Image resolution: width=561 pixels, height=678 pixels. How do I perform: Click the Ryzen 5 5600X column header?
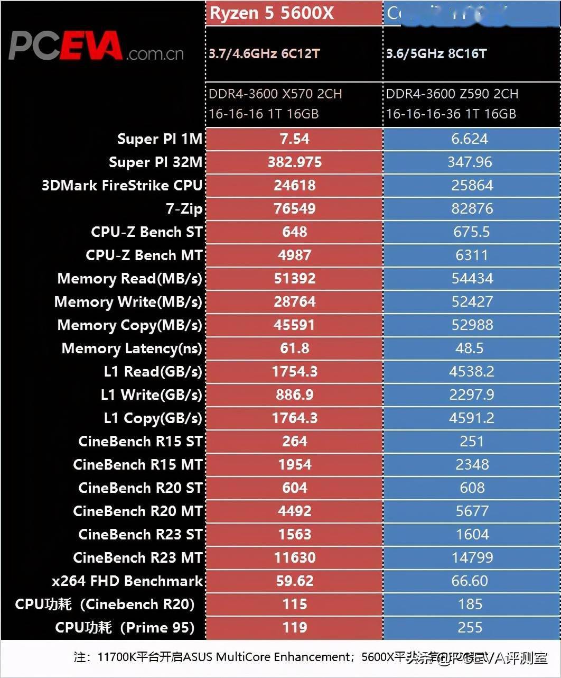tap(272, 13)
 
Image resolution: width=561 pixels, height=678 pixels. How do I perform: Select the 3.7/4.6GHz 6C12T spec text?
tap(264, 53)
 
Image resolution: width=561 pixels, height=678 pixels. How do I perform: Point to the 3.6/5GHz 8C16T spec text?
tap(436, 53)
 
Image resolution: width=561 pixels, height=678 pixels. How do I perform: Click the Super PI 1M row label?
tap(160, 139)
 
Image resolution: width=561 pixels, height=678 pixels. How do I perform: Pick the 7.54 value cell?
tap(294, 139)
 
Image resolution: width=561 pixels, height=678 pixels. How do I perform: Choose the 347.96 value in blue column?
tap(470, 162)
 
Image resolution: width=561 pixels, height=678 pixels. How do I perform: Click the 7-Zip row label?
tap(184, 209)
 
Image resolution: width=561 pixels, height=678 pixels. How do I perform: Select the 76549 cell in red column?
tap(294, 209)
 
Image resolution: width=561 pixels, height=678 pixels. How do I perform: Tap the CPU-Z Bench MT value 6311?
tap(471, 255)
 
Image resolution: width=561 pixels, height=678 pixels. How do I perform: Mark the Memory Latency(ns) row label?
tap(132, 349)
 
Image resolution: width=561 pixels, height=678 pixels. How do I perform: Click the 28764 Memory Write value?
tap(294, 302)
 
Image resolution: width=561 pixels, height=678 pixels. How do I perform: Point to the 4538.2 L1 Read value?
tap(471, 372)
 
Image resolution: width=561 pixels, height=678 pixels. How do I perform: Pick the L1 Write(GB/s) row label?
tap(151, 395)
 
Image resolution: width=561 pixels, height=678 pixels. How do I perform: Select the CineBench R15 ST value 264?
tap(294, 442)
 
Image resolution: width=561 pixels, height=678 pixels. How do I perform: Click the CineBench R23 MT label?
tap(137, 558)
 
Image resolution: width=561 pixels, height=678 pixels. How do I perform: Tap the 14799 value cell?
tap(472, 558)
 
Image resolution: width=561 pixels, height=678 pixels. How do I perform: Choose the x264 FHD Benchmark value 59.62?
tap(294, 581)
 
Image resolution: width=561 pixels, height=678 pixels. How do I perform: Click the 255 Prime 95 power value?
tap(470, 628)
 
